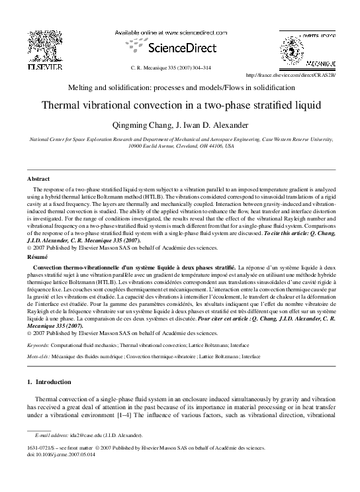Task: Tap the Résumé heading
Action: (36, 254)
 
